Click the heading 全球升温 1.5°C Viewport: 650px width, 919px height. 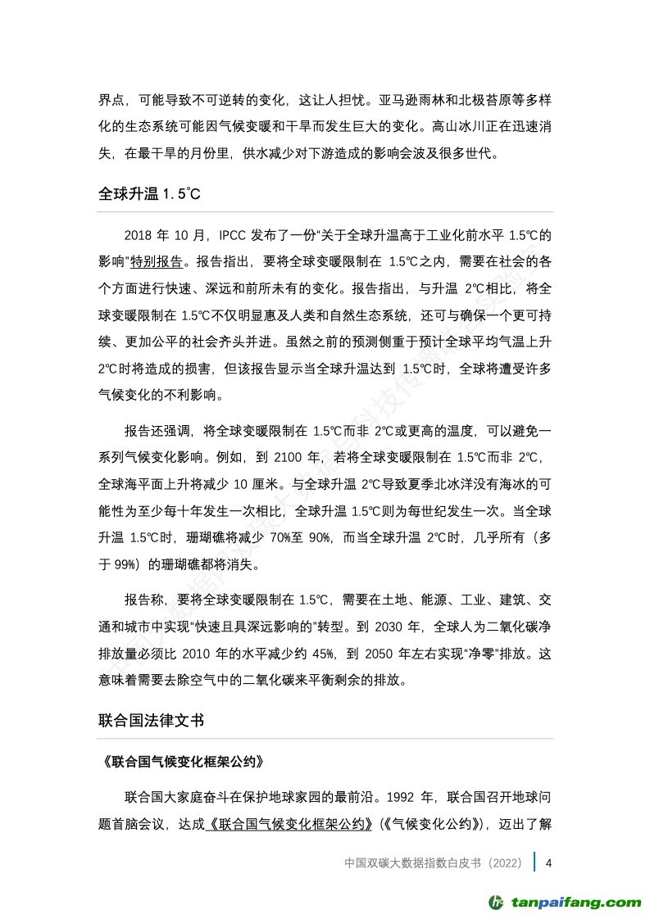click(x=149, y=196)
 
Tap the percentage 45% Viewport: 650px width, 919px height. click(x=317, y=654)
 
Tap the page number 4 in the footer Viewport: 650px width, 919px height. click(x=548, y=863)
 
